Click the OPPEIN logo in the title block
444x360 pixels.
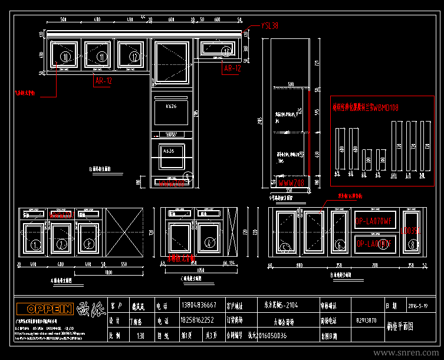pos(45,309)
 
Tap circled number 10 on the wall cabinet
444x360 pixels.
pos(65,56)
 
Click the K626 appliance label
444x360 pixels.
pos(171,106)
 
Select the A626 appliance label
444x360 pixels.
pos(169,152)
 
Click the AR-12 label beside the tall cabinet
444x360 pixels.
pos(232,68)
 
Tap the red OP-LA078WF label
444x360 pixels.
pos(373,222)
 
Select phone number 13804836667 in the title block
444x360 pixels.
pos(199,306)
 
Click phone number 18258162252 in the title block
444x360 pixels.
pos(198,321)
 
